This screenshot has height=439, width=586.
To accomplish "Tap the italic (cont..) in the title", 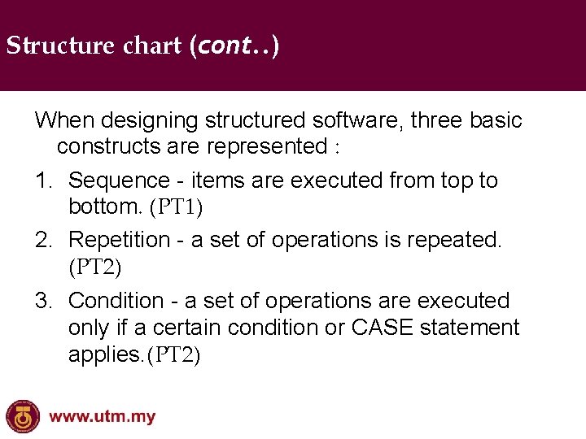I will click(x=234, y=46).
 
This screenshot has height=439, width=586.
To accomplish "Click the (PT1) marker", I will click(x=176, y=207).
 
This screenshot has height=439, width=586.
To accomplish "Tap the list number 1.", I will click(x=43, y=180).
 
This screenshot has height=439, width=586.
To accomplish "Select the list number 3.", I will click(x=43, y=301).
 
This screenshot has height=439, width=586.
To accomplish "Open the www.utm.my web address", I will click(x=102, y=417).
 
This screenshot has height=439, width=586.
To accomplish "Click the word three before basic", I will click(x=437, y=121).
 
